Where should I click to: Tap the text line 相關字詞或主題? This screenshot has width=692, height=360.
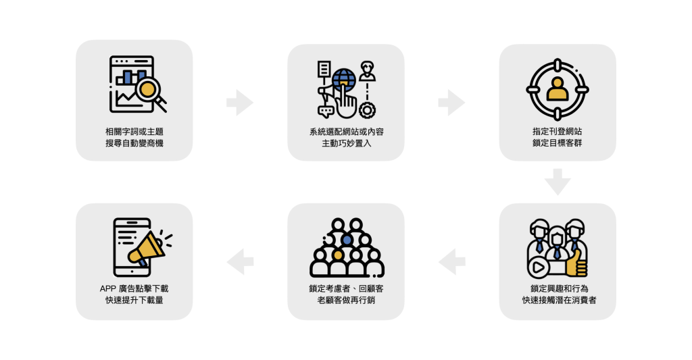click(x=134, y=131)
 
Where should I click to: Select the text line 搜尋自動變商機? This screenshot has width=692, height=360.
click(x=134, y=143)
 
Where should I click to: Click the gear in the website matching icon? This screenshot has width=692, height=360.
click(x=367, y=109)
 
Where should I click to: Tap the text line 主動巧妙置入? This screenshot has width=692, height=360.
click(x=346, y=143)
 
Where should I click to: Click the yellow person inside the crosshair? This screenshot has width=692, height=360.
click(x=558, y=90)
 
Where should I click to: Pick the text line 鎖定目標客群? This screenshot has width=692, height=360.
click(x=558, y=143)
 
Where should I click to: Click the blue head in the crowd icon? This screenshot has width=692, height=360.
click(x=347, y=239)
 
